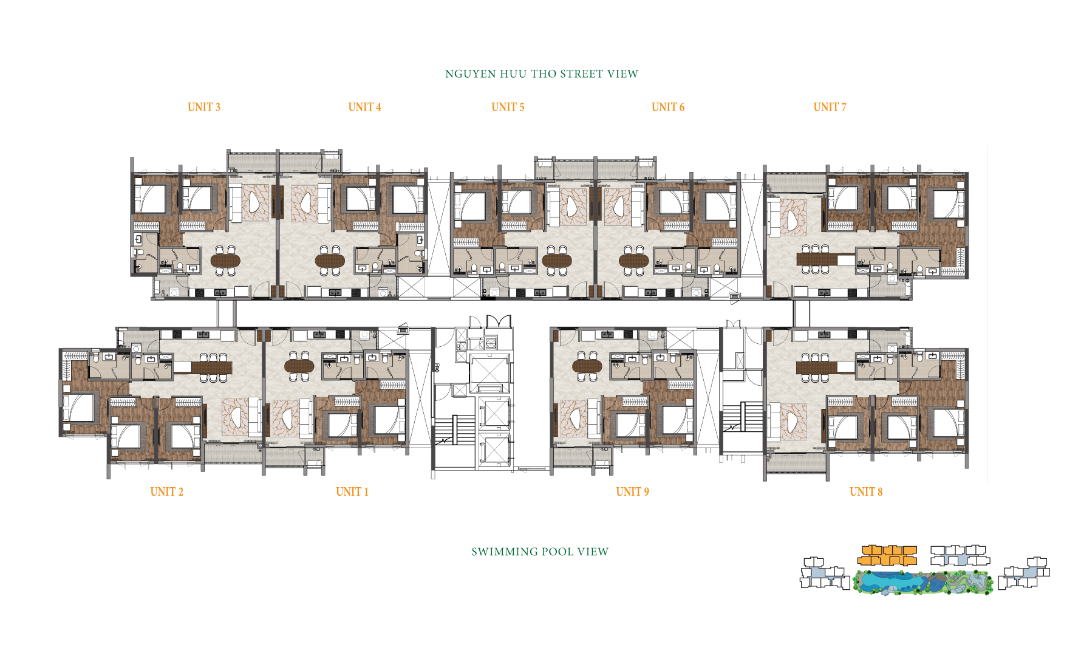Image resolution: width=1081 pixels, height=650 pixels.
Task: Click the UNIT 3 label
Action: pos(204,108)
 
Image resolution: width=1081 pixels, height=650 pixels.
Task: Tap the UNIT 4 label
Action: pos(364,108)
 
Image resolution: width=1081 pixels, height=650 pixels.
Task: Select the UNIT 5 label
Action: pos(508,108)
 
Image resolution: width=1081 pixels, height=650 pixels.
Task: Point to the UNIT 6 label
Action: pos(668,108)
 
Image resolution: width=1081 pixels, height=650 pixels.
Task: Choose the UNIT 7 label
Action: pos(830,108)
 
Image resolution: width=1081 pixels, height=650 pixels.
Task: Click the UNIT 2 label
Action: pos(167,492)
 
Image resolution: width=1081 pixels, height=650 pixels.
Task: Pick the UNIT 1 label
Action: pos(352,492)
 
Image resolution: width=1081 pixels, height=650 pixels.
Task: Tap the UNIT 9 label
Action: pos(632,492)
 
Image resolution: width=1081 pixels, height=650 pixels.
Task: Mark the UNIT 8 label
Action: pos(866,492)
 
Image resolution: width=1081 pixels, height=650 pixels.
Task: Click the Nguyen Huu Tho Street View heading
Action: pos(542,74)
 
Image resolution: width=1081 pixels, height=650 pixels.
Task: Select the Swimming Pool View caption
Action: pos(540,552)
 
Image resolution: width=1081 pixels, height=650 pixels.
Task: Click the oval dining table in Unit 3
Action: pos(225,261)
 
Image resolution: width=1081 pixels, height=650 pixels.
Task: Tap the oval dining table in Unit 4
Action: pos(330,261)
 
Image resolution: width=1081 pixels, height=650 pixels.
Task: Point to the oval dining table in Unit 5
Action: pos(557,261)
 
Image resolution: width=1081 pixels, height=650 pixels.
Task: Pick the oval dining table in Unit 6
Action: pos(634,261)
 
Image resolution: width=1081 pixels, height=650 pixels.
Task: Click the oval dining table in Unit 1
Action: pos(299,366)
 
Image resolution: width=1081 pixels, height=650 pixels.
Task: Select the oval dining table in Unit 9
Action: pos(587,366)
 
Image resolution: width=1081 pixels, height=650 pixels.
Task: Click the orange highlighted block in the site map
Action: pos(887,555)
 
